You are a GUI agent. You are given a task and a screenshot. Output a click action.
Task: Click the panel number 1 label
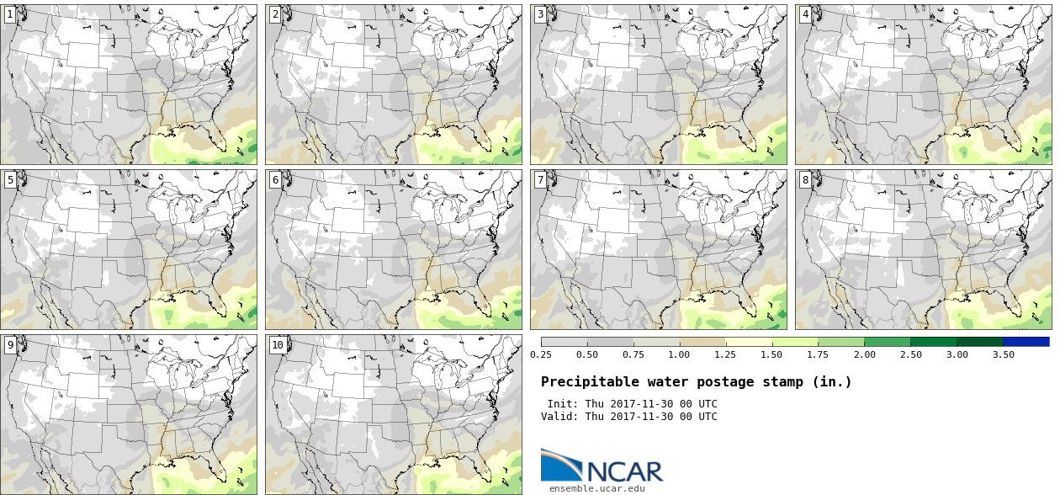10,14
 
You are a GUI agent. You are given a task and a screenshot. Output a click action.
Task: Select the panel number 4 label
805,14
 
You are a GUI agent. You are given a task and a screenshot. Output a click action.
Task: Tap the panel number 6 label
275,179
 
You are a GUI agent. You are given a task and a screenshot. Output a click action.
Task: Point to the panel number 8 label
805,179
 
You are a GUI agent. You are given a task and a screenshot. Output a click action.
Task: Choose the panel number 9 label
10,344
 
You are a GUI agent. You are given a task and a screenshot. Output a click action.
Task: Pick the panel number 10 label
277,344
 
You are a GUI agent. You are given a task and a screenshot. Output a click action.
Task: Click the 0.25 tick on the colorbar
541,354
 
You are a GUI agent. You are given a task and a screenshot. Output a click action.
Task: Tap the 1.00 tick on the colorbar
679,354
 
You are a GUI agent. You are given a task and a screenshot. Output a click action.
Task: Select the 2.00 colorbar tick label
864,354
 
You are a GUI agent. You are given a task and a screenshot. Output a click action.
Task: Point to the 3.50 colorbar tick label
1003,354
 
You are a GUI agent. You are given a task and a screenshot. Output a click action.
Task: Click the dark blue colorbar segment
1026,342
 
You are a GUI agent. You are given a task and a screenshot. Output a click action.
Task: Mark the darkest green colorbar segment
979,342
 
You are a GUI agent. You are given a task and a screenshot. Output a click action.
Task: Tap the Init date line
632,404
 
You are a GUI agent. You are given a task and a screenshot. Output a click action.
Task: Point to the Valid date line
628,417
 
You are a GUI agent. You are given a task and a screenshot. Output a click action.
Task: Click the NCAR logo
602,466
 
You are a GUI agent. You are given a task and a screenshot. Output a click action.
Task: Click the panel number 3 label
540,14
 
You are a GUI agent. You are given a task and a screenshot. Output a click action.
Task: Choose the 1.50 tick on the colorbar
771,354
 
